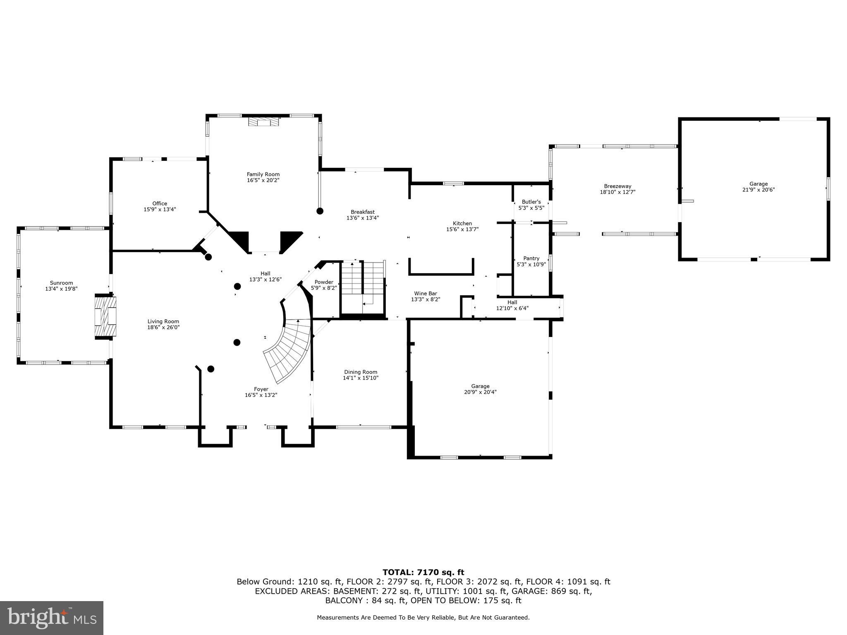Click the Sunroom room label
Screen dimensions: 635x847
point(61,283)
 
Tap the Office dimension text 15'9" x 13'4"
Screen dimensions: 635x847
point(160,210)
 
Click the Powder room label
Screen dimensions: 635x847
point(323,282)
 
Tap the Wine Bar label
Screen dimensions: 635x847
point(425,293)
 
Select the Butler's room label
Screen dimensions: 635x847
point(531,202)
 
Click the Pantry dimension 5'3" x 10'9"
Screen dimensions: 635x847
point(531,265)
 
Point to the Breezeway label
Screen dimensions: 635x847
point(617,186)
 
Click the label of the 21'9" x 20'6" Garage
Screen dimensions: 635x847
point(758,184)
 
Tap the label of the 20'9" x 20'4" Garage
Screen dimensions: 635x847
point(480,386)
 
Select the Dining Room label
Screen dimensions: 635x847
point(360,372)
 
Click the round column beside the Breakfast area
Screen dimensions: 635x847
point(320,211)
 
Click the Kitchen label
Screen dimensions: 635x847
point(462,223)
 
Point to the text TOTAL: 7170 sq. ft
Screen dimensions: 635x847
point(423,572)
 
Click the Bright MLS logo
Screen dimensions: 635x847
point(52,618)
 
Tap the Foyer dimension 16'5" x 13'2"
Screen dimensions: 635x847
point(261,395)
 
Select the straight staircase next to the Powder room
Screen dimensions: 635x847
point(363,285)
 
